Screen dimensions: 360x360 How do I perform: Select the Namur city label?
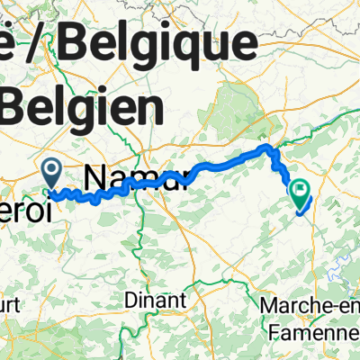coord(135,175)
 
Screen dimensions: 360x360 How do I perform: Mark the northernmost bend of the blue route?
coord(265,146)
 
